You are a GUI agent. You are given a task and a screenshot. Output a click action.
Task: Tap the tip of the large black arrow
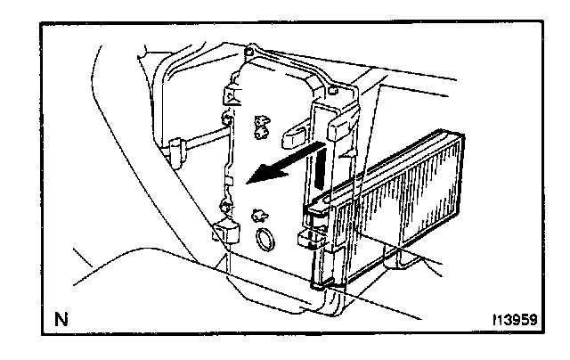click(x=248, y=184)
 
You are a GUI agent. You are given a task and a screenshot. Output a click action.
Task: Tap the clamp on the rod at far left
click(x=176, y=147)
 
